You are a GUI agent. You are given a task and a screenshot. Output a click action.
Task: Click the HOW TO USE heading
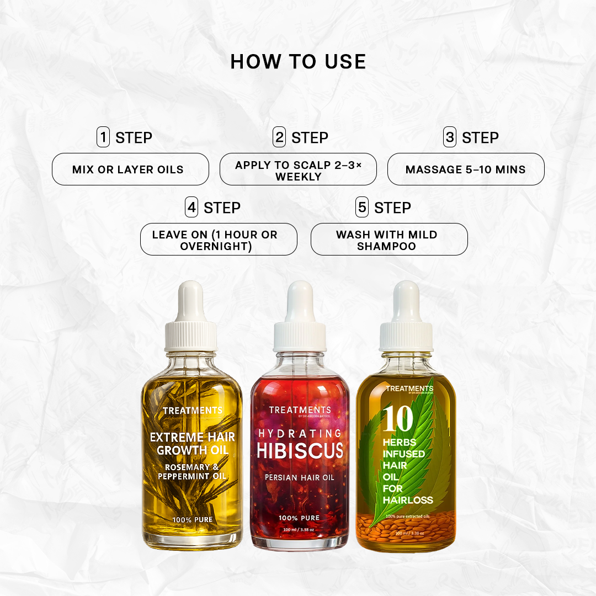click(298, 62)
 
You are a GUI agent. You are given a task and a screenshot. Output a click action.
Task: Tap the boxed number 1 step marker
click(103, 137)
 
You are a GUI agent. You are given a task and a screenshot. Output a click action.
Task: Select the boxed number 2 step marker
click(279, 137)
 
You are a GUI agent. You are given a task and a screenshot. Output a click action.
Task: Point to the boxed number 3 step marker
click(450, 137)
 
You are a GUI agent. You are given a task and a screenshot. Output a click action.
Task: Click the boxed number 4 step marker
click(191, 207)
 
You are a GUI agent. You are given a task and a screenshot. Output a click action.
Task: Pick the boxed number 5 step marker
click(362, 207)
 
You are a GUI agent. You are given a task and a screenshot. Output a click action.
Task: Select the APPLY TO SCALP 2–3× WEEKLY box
click(298, 169)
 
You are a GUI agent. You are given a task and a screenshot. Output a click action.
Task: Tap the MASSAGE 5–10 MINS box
click(466, 169)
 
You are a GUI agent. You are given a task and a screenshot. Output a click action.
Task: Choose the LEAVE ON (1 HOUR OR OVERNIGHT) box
click(219, 240)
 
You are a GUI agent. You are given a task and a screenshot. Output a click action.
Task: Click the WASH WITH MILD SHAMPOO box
click(389, 240)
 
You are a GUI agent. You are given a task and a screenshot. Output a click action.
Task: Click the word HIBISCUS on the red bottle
click(300, 450)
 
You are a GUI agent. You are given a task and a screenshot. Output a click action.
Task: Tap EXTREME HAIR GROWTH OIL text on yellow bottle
click(192, 444)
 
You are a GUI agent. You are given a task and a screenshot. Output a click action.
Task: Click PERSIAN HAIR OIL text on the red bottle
click(300, 477)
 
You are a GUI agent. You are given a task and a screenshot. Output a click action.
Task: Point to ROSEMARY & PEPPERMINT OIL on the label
click(192, 472)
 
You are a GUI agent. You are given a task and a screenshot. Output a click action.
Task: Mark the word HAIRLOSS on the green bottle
click(409, 500)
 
